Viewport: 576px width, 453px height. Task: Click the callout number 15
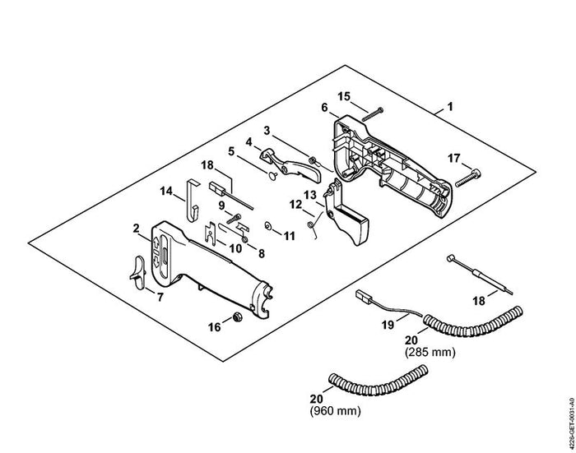pyautogui.click(x=344, y=96)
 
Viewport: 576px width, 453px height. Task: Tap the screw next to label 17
pyautogui.click(x=467, y=178)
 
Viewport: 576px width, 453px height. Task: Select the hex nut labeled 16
pyautogui.click(x=238, y=317)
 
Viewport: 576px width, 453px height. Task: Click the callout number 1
pyautogui.click(x=450, y=107)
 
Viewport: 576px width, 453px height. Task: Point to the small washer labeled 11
pyautogui.click(x=267, y=225)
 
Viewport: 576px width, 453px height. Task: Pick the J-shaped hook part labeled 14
pyautogui.click(x=192, y=201)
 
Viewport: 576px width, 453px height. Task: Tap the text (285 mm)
pyautogui.click(x=430, y=353)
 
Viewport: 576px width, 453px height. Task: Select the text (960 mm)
pyautogui.click(x=336, y=410)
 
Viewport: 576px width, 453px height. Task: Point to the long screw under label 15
pyautogui.click(x=372, y=114)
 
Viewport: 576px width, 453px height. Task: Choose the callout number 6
pyautogui.click(x=324, y=108)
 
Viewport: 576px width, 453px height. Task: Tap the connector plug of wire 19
pyautogui.click(x=363, y=295)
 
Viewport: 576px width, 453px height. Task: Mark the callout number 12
pyautogui.click(x=295, y=205)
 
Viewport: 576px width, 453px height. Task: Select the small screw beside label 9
pyautogui.click(x=234, y=219)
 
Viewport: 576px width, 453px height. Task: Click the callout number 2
pyautogui.click(x=137, y=229)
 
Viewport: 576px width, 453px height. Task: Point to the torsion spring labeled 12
pyautogui.click(x=313, y=227)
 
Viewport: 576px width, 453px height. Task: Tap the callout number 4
pyautogui.click(x=249, y=141)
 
